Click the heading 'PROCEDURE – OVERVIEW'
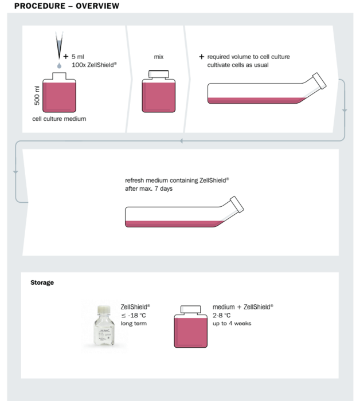[66, 6]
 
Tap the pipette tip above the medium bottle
[59, 45]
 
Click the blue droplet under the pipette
[59, 65]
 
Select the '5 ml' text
[78, 57]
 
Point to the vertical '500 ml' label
[37, 96]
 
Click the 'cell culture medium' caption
[59, 119]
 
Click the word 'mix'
[159, 57]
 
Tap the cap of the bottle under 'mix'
[159, 74]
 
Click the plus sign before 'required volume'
[202, 57]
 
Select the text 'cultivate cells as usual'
[238, 65]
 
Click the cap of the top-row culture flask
[319, 81]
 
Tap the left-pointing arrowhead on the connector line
[181, 141]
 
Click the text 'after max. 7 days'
[148, 188]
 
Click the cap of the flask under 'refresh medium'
[237, 205]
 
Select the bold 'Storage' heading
[42, 282]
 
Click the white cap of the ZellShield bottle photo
[104, 309]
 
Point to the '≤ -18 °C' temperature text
[134, 315]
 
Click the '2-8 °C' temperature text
[222, 315]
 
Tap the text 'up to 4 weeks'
[232, 324]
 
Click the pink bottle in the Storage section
[191, 327]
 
